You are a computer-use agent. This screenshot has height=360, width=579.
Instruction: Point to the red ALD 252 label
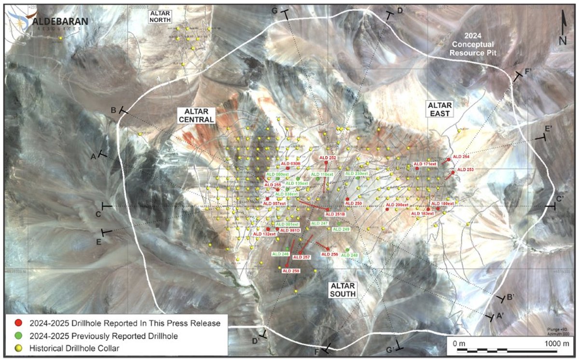[328, 158]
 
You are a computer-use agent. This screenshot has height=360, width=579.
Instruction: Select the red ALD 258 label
[291, 271]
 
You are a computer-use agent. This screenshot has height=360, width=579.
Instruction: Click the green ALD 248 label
[350, 255]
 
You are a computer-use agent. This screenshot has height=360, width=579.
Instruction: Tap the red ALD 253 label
[465, 169]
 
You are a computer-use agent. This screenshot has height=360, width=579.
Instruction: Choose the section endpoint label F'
[529, 72]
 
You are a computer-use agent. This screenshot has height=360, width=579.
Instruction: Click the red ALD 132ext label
[264, 234]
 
